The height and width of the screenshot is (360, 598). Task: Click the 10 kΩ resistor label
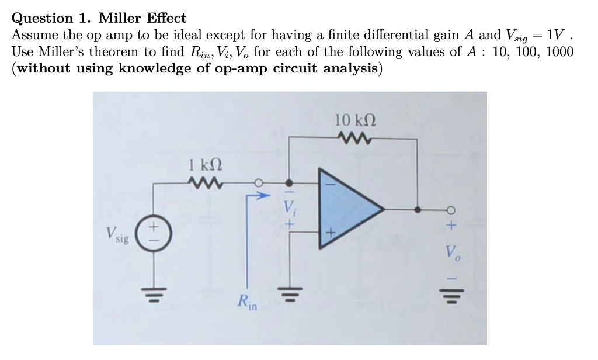click(x=356, y=120)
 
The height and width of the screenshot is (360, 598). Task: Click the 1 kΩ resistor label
click(x=205, y=165)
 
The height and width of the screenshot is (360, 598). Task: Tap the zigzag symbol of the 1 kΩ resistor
click(x=206, y=184)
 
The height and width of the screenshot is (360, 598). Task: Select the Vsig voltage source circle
click(x=154, y=233)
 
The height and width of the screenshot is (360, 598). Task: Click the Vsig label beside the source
click(x=117, y=234)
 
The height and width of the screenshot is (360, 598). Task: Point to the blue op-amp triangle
click(x=351, y=209)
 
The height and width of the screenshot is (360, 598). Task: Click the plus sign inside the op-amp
click(x=331, y=232)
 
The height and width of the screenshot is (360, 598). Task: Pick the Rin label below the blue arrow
click(x=247, y=302)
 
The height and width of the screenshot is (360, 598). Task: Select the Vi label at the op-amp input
click(x=290, y=207)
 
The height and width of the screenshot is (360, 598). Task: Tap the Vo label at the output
click(x=453, y=252)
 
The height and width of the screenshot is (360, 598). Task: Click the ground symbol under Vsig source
click(x=154, y=295)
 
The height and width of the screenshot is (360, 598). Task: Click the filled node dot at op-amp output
click(x=418, y=210)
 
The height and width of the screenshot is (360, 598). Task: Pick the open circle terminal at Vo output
click(x=451, y=210)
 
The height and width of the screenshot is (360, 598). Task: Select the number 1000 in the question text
click(x=559, y=51)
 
